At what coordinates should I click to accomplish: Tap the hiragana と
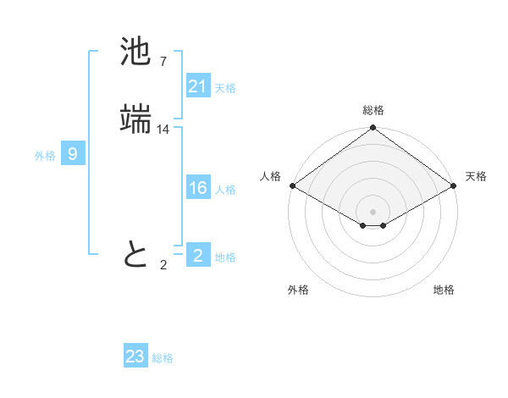point(135,253)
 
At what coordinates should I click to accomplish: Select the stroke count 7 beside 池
point(163,62)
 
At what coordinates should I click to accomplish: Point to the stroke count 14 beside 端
point(163,129)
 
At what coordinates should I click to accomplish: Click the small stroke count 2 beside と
point(163,265)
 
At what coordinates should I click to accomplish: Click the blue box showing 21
point(197,86)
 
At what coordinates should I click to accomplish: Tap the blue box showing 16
point(197,189)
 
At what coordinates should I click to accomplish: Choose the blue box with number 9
point(73,154)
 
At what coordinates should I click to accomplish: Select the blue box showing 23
point(135,357)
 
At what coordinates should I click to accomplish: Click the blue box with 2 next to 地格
point(197,256)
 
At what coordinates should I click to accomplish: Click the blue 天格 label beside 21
point(225,88)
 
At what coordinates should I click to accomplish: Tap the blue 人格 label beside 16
point(225,190)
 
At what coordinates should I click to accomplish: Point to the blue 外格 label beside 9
point(45,156)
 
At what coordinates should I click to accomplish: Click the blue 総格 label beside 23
point(163,358)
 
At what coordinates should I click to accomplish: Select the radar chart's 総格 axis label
point(373,110)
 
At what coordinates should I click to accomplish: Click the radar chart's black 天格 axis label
point(476,176)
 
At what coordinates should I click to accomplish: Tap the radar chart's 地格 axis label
point(444,290)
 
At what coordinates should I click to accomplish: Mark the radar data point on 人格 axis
point(292,185)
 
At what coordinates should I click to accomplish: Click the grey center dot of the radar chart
point(373,211)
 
